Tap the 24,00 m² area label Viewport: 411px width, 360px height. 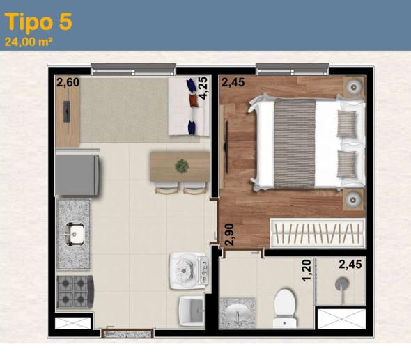coord(29,41)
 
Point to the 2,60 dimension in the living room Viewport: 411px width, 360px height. coord(68,84)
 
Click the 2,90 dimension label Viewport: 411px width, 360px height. coord(228,235)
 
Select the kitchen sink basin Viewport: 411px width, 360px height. coord(75,234)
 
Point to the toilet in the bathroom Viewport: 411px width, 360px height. coord(286,306)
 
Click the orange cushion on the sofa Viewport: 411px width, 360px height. coord(193,102)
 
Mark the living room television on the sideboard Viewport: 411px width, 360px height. coord(67,111)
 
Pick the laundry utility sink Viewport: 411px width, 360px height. coord(190,307)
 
